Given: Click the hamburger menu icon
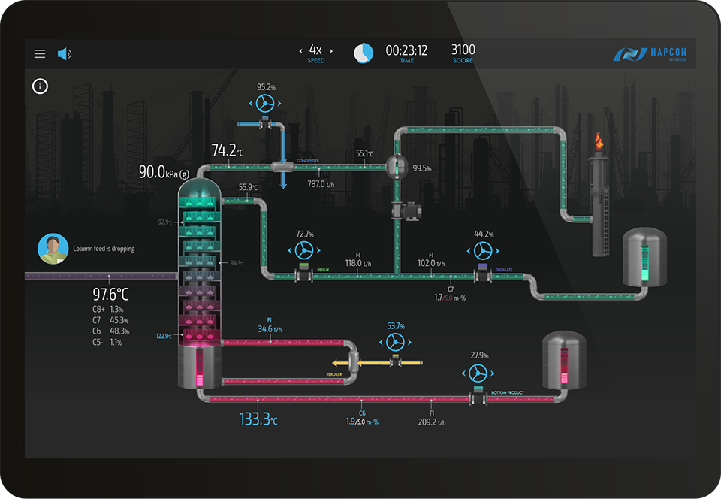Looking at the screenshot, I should [x=40, y=54].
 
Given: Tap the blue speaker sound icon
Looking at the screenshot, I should [x=64, y=54].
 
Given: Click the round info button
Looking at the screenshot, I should [x=41, y=86].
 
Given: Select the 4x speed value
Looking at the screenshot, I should [x=316, y=50].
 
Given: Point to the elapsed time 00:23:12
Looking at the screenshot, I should [x=406, y=50].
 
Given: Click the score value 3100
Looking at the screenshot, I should [x=463, y=50].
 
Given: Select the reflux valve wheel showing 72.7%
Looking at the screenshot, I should [x=303, y=249].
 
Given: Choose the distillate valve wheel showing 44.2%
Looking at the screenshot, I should [x=481, y=249].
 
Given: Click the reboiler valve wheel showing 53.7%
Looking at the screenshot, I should [x=395, y=343].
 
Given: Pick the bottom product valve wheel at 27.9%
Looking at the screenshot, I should [x=478, y=373].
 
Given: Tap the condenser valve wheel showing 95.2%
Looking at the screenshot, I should [x=265, y=103].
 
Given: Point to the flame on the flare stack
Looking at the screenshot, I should [x=599, y=141].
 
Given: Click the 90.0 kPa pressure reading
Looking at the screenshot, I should [x=164, y=173].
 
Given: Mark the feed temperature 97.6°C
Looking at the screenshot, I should [x=110, y=294].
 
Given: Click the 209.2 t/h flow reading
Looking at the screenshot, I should [x=431, y=422].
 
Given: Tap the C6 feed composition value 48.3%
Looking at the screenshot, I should [x=119, y=331].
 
